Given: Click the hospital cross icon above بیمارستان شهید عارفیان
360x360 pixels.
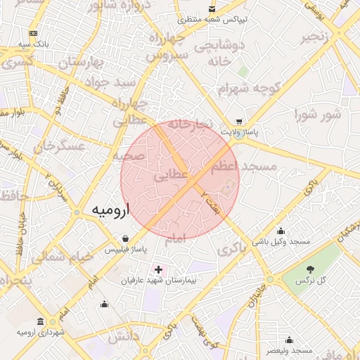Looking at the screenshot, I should coord(158,269).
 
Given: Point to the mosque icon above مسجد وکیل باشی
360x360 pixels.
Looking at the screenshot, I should coord(281,231).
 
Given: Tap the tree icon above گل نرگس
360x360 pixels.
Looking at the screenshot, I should coord(309,269).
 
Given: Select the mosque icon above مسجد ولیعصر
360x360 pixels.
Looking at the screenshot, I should coord(289,340).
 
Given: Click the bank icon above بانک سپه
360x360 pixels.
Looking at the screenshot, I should coord(33,33).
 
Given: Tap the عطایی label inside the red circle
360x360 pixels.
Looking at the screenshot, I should coord(172,177).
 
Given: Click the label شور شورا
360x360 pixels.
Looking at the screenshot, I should coord(316,114).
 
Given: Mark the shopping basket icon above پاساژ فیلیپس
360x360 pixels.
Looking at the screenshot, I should coord(124,238).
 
